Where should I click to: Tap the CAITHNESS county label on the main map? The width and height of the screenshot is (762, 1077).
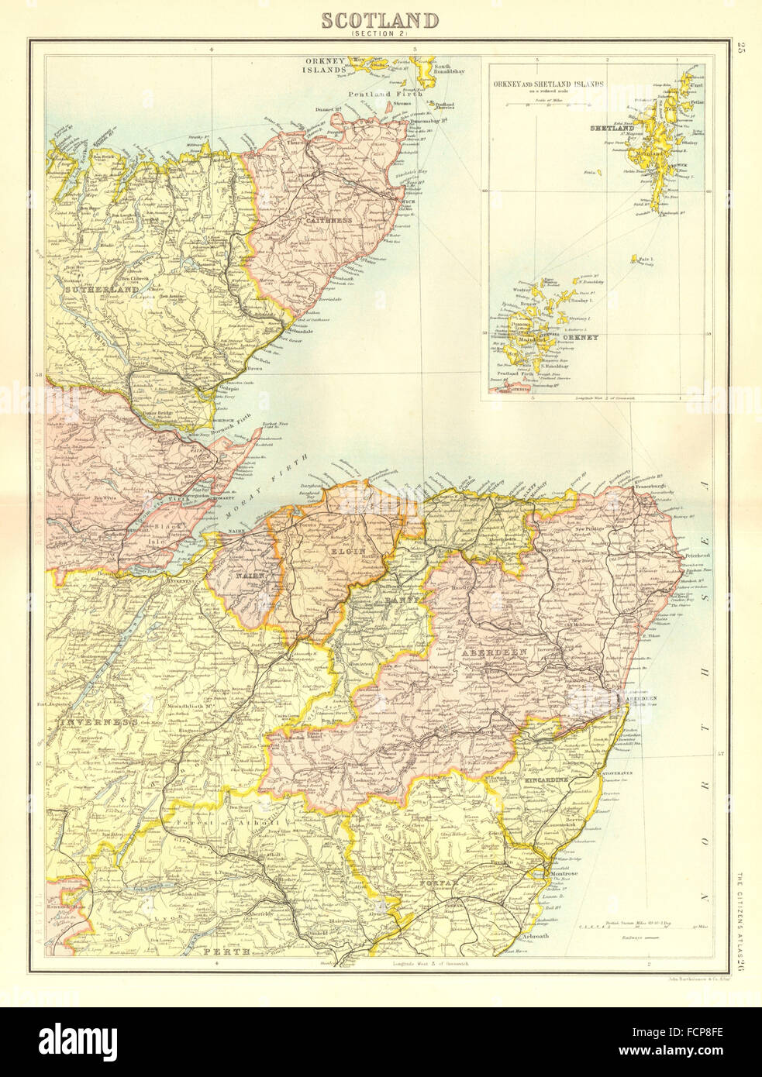tap(329, 221)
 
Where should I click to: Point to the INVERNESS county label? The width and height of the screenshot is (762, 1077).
tap(96, 722)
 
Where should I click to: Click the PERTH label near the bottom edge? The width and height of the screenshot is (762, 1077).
tap(219, 950)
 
